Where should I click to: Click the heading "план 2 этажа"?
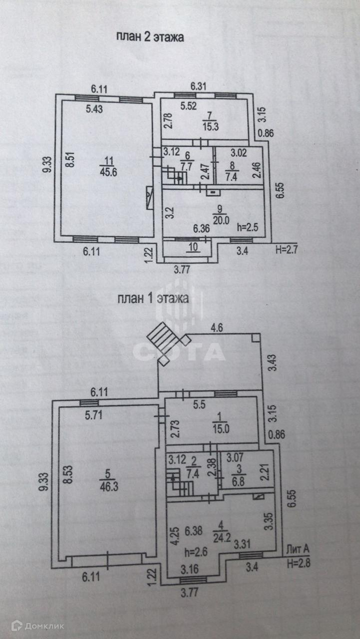click(x=150, y=36)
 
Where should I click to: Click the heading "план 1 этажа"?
click(x=153, y=299)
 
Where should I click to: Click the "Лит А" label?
click(x=298, y=550)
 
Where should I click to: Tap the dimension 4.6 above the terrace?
click(x=217, y=328)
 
